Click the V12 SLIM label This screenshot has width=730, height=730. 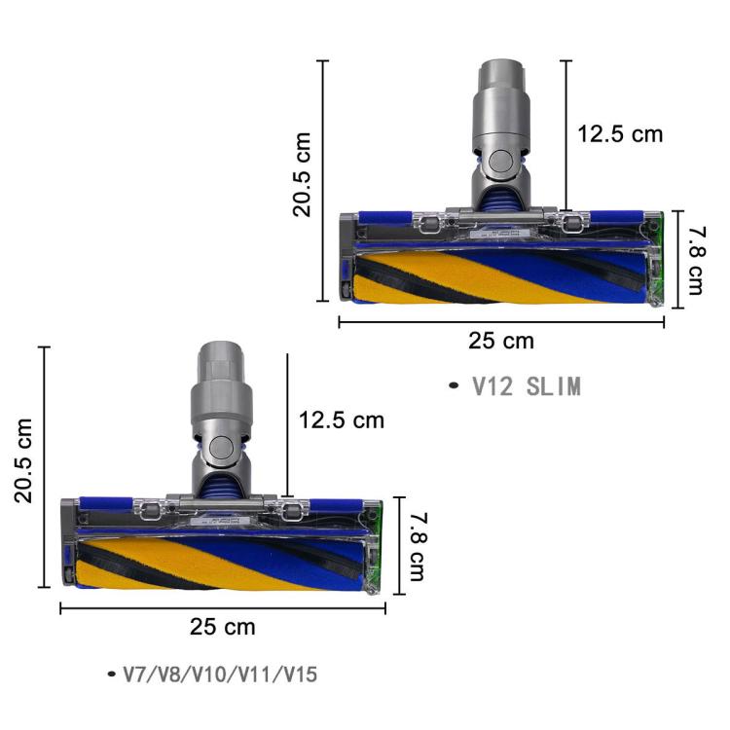[x=527, y=386]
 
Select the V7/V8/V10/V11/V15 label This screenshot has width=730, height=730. [x=220, y=675]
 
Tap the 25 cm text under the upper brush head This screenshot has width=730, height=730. [x=501, y=341]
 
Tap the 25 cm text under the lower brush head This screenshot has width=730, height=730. [x=223, y=627]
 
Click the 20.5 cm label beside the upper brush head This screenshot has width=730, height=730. [x=302, y=174]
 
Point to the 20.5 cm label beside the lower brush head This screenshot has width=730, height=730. [x=23, y=460]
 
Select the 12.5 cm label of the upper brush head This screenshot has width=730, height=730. [x=620, y=134]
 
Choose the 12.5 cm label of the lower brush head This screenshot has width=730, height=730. [x=342, y=420]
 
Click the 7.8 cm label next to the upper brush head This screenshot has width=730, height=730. [x=697, y=261]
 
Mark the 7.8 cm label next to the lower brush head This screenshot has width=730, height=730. [x=418, y=547]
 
